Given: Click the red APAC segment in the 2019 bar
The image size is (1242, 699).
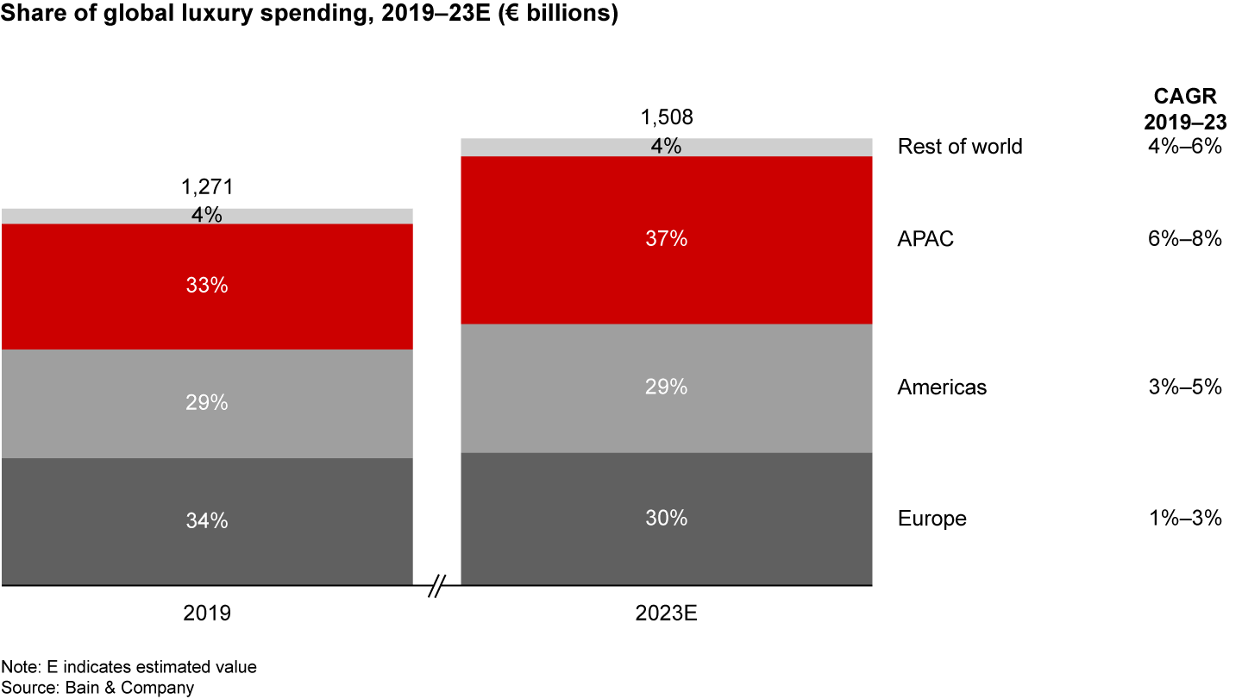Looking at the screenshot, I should (x=207, y=287).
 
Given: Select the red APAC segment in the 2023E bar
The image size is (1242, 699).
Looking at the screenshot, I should (x=666, y=240).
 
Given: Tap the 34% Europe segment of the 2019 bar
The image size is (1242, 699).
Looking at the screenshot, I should (x=207, y=520).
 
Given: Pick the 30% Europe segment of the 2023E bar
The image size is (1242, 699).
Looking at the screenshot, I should (x=666, y=518).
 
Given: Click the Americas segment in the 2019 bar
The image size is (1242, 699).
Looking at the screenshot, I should (x=207, y=403).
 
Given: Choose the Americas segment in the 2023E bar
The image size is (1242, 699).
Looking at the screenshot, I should (x=666, y=387).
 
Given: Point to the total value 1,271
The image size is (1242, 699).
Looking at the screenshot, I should (x=207, y=187).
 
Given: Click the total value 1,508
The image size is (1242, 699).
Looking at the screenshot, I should (x=666, y=117).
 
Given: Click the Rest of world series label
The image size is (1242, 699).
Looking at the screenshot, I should (x=959, y=146).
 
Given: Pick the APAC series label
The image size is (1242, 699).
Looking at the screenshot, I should (x=925, y=239).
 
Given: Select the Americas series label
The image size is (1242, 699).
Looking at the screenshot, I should (x=942, y=387).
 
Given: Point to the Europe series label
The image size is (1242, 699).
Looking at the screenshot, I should (x=931, y=519).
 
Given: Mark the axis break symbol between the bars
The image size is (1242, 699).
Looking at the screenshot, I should (x=436, y=587).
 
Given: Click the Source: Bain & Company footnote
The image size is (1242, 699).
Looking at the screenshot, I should (x=97, y=688).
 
